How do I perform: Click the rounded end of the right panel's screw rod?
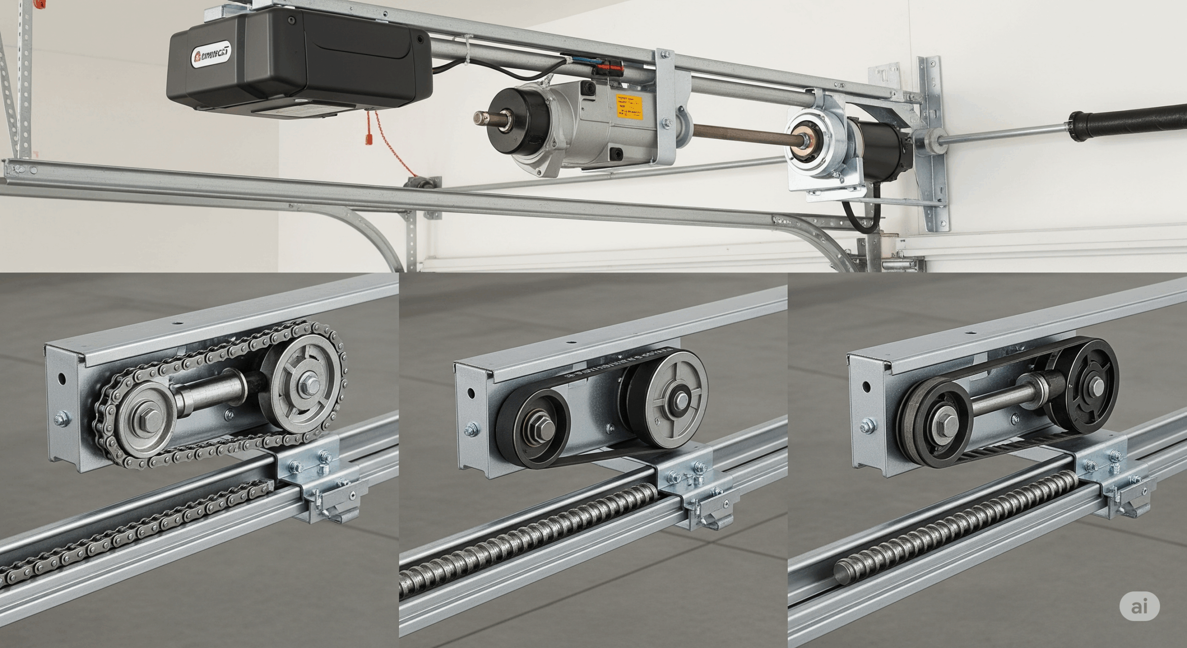pyautogui.click(x=840, y=572)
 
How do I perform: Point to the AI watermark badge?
pyautogui.click(x=1139, y=606)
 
